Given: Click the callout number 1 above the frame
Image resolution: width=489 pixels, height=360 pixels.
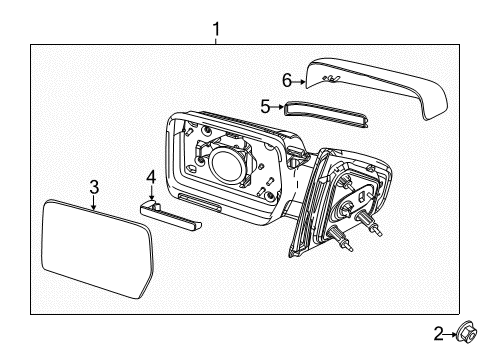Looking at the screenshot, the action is click(216, 29).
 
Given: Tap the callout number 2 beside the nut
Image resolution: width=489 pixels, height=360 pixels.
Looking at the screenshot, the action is click(439, 334).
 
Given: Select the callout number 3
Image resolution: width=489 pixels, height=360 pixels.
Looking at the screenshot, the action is click(94, 187).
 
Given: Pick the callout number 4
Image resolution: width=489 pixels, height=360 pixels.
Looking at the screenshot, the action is click(151, 177).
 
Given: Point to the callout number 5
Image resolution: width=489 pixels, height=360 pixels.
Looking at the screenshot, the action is click(265, 107).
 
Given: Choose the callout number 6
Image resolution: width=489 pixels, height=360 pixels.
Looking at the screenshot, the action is click(287, 80).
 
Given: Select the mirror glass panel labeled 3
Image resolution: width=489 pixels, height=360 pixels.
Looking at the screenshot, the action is click(97, 248).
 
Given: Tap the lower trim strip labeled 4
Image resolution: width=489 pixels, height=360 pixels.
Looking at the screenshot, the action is click(170, 216).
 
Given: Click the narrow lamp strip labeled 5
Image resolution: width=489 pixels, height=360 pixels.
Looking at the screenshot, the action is click(326, 114).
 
